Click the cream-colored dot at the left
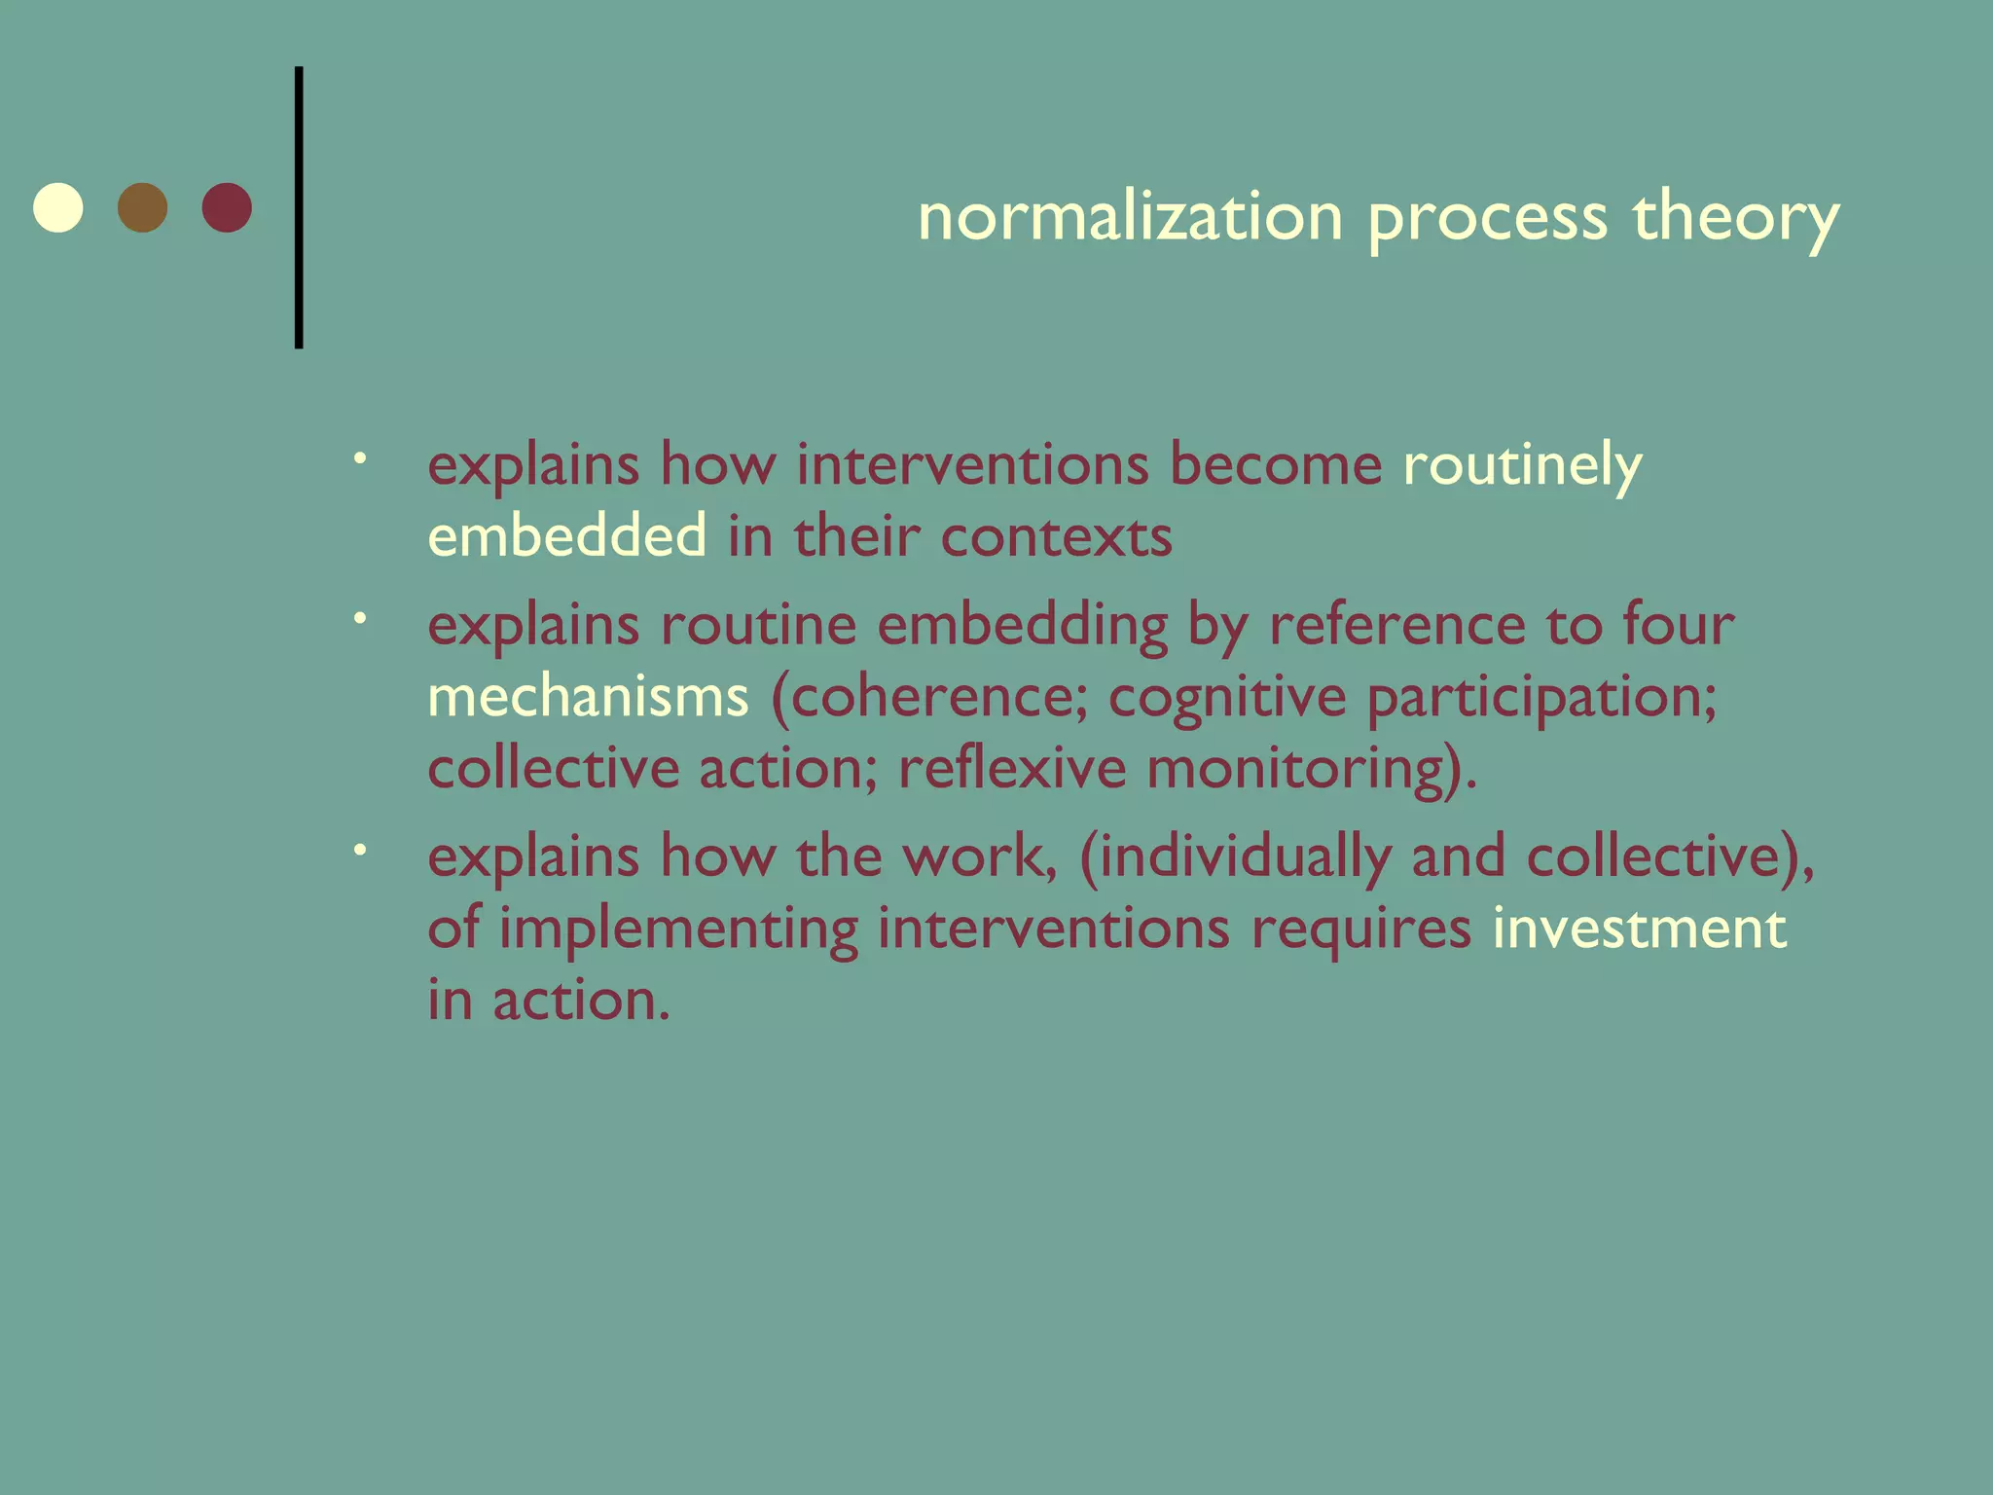click(x=58, y=207)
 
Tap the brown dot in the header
click(x=142, y=207)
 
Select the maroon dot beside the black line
click(x=227, y=207)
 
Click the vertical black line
click(x=299, y=207)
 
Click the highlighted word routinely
click(x=1522, y=466)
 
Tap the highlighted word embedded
click(x=567, y=536)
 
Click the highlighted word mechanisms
click(x=588, y=697)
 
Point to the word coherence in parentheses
click(x=937, y=697)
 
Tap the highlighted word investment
click(x=1639, y=928)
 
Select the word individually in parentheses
click(x=1245, y=857)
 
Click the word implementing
click(x=678, y=930)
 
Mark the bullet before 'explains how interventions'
click(x=360, y=457)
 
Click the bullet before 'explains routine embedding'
click(x=360, y=617)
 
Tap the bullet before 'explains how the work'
click(x=360, y=850)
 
